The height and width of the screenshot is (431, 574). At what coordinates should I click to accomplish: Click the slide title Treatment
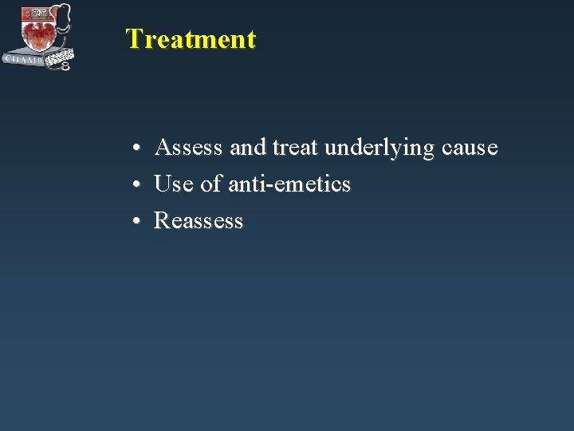tap(191, 39)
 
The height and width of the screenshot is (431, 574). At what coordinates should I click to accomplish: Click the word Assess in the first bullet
tap(189, 148)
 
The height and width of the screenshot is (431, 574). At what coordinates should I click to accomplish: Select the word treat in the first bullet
tap(296, 148)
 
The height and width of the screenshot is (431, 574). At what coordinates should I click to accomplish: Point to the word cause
tap(469, 148)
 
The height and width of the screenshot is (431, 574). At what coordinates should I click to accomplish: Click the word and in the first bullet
tap(248, 148)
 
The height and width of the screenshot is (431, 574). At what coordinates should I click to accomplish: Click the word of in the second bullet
tap(211, 184)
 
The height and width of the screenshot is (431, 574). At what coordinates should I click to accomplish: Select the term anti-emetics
tap(289, 184)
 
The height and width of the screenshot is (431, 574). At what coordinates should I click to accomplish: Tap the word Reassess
tap(199, 221)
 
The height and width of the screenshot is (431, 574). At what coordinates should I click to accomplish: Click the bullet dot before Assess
tap(138, 149)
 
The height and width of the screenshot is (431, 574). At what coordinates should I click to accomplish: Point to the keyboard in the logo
tap(61, 57)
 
